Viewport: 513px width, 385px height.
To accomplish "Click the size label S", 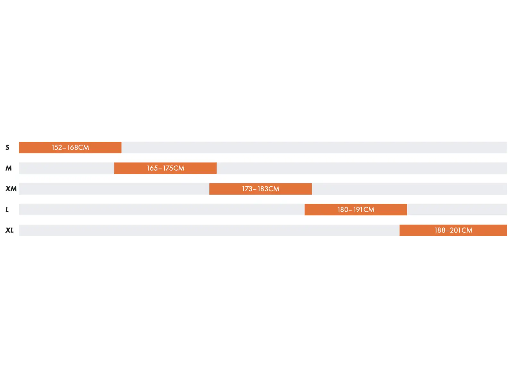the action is point(7,148).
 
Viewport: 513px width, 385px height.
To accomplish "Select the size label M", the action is point(9,168).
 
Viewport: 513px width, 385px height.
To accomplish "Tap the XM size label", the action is point(11,189).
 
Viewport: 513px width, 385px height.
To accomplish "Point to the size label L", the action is point(7,210).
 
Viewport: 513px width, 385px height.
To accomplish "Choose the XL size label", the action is point(10,230).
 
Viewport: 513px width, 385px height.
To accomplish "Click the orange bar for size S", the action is point(70,148).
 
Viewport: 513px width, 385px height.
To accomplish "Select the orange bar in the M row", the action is point(165,168).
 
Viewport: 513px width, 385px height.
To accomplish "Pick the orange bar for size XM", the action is point(261,189).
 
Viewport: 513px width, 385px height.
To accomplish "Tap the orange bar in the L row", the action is point(356,210).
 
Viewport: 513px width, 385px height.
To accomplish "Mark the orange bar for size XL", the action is point(453,230).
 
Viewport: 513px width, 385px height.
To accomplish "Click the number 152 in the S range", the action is point(57,148).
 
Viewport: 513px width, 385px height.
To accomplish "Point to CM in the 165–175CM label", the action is point(179,168).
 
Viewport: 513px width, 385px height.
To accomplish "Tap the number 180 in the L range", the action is point(343,210).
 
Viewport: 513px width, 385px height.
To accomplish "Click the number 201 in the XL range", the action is point(455,230).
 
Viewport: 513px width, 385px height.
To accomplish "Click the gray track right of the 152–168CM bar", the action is point(314,148).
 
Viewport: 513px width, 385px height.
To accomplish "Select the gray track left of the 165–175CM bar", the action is point(67,168).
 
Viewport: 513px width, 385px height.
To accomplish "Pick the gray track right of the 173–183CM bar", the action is point(409,189).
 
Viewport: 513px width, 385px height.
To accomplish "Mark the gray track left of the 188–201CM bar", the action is point(209,230).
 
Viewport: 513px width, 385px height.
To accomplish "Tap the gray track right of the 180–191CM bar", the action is point(457,210).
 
